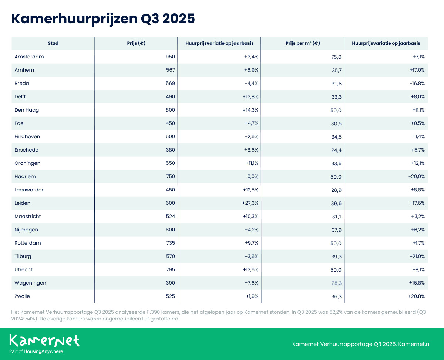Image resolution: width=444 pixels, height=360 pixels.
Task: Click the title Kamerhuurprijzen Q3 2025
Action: pos(103,18)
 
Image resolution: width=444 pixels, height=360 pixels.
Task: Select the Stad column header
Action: pos(53,43)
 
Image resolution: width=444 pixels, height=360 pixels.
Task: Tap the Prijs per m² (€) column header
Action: pos(303,43)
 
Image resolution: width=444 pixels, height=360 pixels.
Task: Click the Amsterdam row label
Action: pos(29,57)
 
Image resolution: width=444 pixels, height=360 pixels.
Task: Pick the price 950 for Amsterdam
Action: pos(170,57)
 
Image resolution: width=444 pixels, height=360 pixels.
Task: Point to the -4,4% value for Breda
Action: pos(251,84)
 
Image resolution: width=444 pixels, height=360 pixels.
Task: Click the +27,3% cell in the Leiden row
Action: pos(250,203)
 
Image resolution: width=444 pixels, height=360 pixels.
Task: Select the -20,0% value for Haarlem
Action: pos(416,177)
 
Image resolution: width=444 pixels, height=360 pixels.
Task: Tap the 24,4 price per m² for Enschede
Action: pos(336,150)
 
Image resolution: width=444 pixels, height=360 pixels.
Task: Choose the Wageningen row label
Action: pos(30,283)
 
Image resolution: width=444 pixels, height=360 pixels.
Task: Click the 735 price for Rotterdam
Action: pos(170,243)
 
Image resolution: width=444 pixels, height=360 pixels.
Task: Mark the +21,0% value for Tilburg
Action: pos(416,257)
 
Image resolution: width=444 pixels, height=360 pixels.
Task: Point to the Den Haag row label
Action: pos(27,110)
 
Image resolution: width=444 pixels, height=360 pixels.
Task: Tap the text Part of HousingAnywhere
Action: pos(36,351)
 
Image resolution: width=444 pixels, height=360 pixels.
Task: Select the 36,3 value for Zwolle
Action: pos(336,296)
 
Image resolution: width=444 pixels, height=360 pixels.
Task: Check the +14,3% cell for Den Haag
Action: pos(250,110)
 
